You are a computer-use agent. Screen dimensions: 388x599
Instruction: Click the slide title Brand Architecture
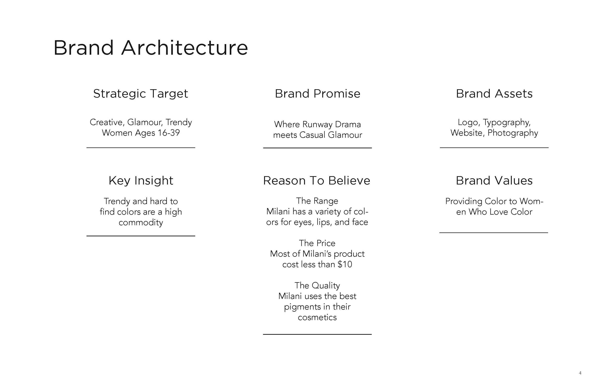150,48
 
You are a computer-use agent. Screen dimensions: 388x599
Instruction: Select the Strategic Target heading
140,94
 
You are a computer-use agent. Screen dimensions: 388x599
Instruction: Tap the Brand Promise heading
317,94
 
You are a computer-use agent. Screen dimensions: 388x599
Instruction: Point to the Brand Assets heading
494,94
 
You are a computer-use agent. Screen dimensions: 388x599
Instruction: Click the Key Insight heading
141,180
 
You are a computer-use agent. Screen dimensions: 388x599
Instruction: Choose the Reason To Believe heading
317,180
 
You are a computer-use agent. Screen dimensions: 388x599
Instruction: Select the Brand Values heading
494,180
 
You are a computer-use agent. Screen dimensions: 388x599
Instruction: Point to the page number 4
580,373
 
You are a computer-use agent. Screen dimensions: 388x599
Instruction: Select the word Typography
507,122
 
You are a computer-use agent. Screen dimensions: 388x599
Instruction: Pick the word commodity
141,222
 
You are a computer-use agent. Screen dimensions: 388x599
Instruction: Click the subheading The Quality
317,286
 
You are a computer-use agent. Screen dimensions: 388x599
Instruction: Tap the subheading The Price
317,243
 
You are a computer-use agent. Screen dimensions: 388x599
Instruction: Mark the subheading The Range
317,201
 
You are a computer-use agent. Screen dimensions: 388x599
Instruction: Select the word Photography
513,133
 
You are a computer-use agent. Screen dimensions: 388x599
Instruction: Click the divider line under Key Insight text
141,236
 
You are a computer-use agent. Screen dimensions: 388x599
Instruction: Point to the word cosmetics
317,317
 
